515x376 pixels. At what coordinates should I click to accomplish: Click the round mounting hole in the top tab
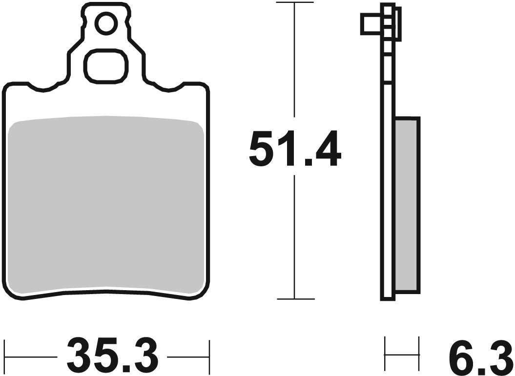point(106,23)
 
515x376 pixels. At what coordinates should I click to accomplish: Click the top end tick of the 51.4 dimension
point(294,3)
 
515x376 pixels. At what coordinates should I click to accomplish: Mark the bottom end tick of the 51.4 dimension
point(294,298)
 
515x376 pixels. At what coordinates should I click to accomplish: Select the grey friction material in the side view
point(406,205)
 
